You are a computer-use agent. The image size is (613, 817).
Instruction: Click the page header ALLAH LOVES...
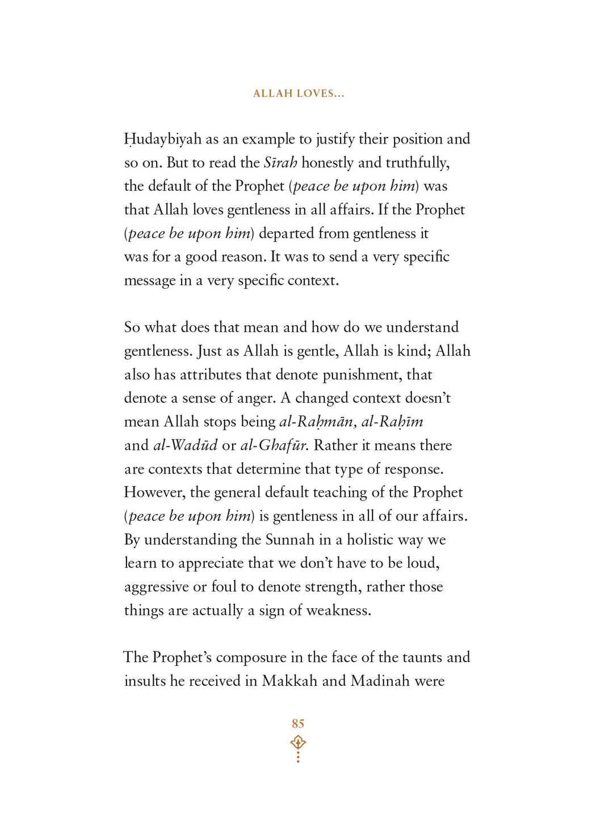(299, 94)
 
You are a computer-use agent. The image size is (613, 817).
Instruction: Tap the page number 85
(298, 723)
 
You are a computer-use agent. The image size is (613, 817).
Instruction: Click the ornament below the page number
(298, 748)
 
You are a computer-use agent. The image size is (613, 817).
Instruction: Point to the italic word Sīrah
(280, 163)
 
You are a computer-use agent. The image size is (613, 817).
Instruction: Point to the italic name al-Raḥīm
(392, 422)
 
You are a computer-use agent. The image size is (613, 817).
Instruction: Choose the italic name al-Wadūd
(185, 445)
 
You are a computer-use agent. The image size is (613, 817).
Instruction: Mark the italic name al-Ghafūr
(274, 445)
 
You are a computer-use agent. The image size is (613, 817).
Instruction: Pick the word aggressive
(156, 587)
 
